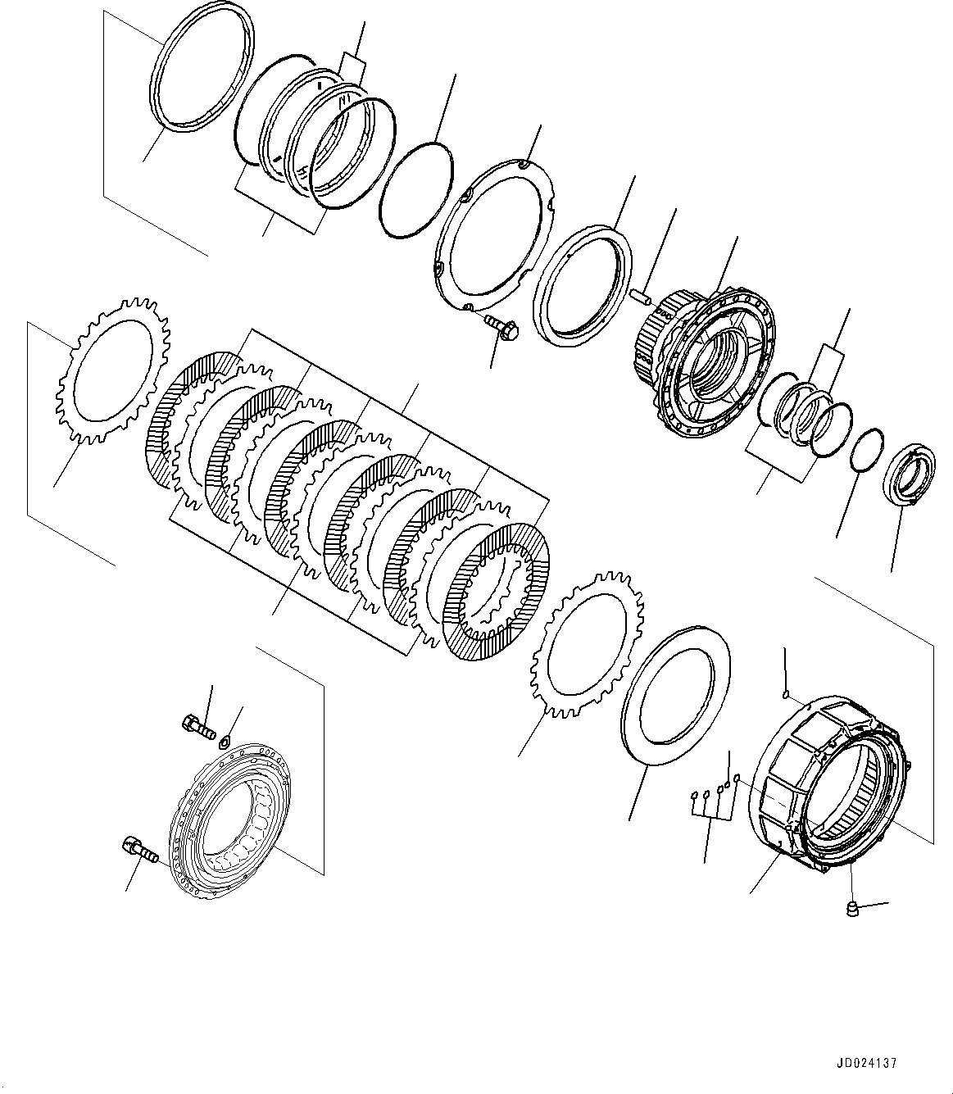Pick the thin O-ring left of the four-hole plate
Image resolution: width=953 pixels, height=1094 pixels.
click(x=416, y=188)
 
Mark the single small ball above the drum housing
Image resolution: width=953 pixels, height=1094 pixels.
click(x=786, y=696)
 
